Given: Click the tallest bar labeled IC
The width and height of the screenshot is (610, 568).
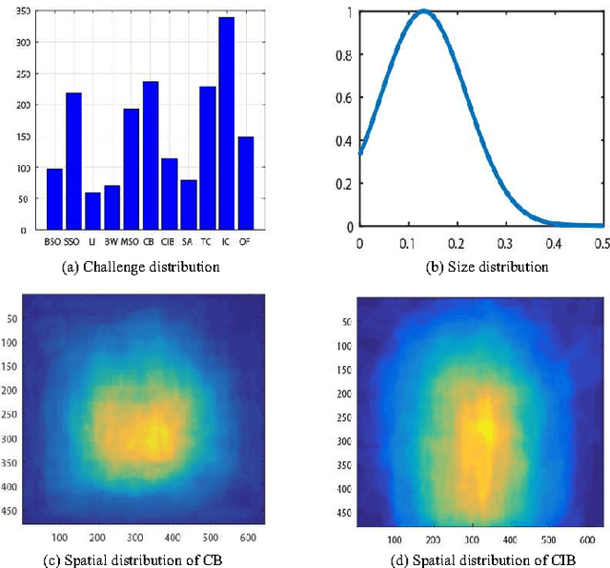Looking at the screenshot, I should [x=226, y=124].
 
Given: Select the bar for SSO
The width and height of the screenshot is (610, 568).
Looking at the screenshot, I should [x=73, y=161].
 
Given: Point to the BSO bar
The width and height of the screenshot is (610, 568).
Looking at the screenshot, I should [x=54, y=199].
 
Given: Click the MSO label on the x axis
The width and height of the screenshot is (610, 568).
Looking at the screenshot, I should [x=131, y=241].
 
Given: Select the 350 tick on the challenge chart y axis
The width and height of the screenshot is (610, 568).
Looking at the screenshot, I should [x=21, y=10].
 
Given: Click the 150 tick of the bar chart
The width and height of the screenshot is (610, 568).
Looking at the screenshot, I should [x=21, y=136].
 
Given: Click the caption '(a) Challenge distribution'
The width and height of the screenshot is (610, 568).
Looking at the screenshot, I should [x=140, y=267].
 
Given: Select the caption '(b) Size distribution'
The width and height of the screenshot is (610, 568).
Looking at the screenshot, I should [x=486, y=267].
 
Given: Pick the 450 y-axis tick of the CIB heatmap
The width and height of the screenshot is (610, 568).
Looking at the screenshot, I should [x=342, y=513].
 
